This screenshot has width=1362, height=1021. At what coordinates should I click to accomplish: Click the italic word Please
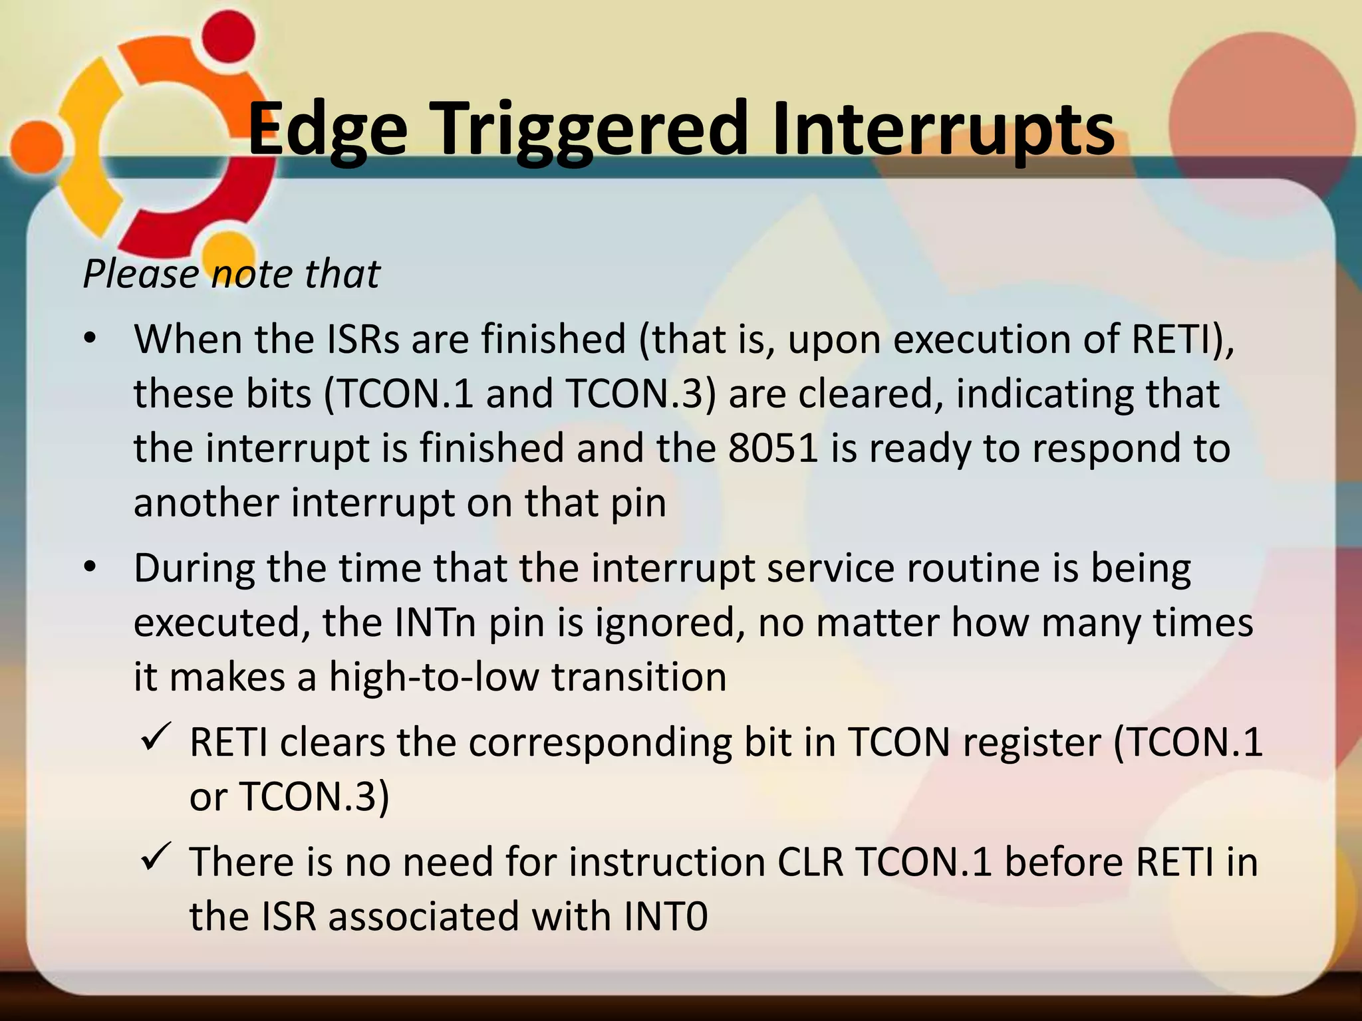click(x=140, y=274)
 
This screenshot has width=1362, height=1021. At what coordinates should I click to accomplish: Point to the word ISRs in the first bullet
click(x=363, y=339)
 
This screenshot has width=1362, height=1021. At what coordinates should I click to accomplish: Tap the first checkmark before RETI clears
click(x=157, y=738)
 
